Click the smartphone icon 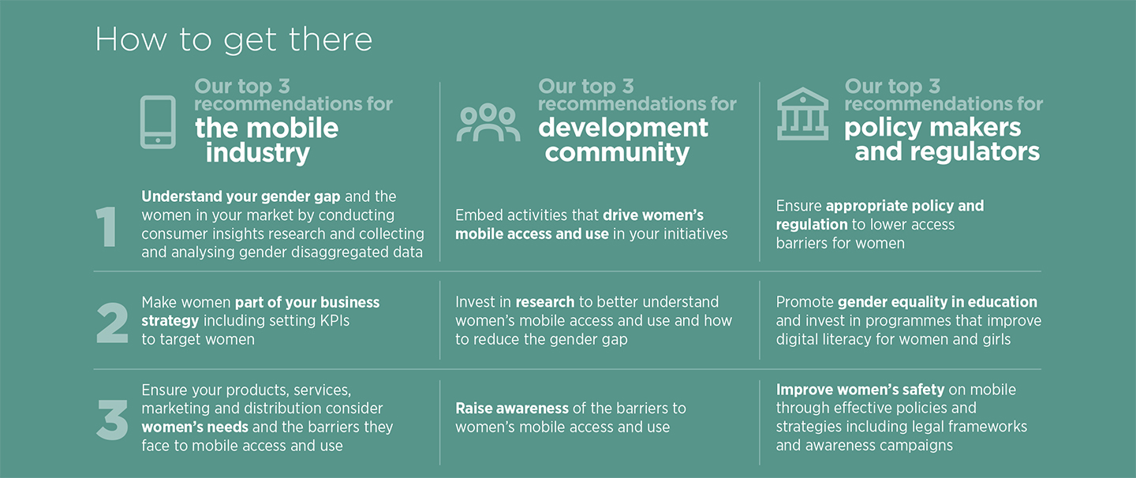158,122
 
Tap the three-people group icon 488,122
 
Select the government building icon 802,114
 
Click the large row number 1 106,226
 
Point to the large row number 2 112,323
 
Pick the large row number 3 112,419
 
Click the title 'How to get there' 234,39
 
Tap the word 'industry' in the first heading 258,153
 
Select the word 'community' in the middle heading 617,152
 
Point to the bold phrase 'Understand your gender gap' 241,196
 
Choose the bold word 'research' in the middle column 544,302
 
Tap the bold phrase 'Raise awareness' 512,409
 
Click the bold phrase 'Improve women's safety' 860,390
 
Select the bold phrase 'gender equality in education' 937,302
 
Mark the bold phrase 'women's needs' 195,428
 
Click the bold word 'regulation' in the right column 812,225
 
